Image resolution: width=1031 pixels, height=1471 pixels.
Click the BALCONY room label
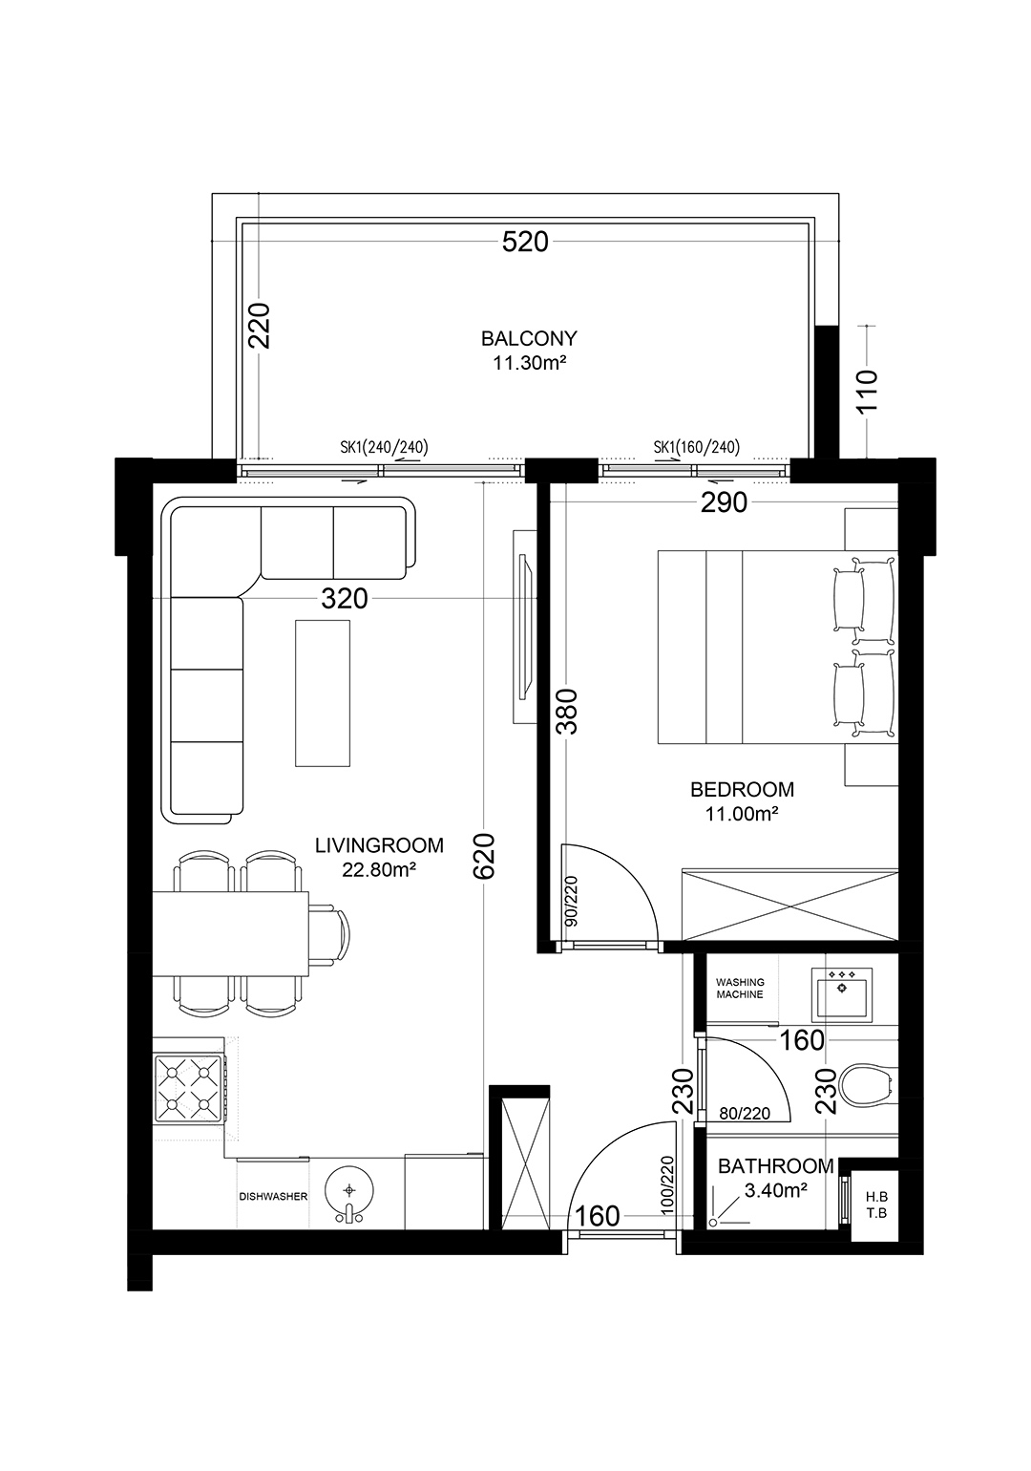[529, 339]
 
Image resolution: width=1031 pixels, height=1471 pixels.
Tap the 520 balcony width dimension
[525, 243]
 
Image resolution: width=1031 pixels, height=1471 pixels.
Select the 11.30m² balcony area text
[530, 363]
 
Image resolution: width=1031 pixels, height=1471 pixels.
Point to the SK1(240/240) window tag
[384, 447]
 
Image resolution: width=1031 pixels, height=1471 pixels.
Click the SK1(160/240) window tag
[696, 447]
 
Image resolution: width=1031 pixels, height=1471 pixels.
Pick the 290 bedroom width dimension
[724, 503]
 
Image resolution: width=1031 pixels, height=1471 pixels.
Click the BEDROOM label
[743, 789]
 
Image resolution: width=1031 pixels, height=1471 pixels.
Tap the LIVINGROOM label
[379, 845]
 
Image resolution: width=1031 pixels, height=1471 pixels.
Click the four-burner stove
[188, 1088]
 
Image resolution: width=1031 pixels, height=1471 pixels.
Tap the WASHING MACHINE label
[740, 989]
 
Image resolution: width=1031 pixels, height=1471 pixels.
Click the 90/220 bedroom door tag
[570, 901]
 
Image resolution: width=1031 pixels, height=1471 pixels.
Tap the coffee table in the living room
[323, 693]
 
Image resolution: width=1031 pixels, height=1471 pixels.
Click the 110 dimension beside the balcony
[868, 390]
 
